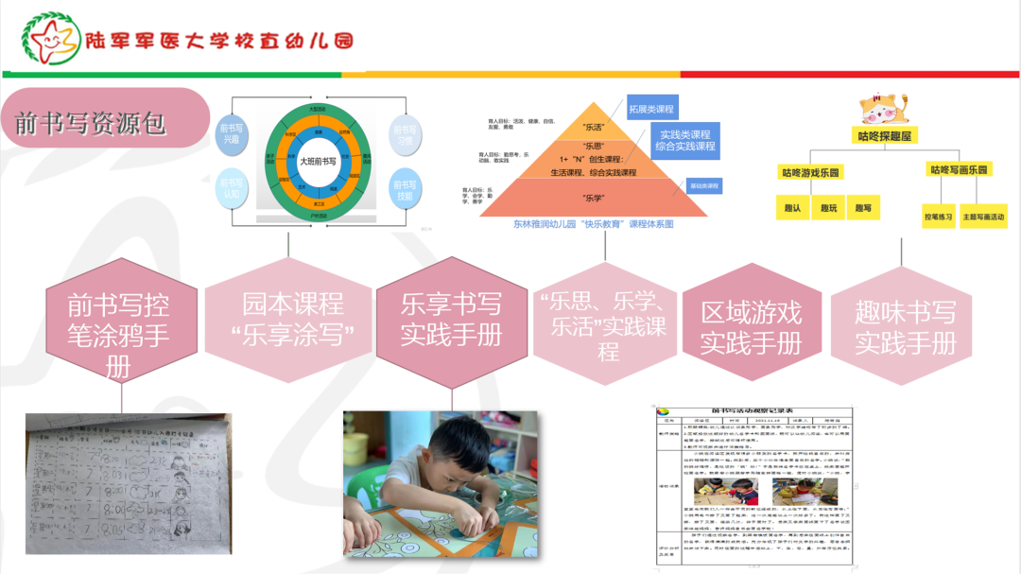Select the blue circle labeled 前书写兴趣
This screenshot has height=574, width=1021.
[232, 133]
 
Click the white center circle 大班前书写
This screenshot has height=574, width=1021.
[318, 161]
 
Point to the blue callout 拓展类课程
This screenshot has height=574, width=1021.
[652, 108]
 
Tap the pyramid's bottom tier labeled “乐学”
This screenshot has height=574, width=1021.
[593, 198]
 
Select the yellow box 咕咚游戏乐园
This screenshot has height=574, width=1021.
[810, 172]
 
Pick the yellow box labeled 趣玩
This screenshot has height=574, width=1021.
[828, 208]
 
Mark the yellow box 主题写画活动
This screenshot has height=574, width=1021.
[983, 217]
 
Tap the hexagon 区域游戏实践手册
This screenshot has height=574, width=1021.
[751, 327]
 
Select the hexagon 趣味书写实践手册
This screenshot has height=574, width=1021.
[905, 327]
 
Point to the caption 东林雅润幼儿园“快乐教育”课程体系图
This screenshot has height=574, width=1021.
[593, 224]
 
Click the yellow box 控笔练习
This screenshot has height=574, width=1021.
[939, 217]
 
